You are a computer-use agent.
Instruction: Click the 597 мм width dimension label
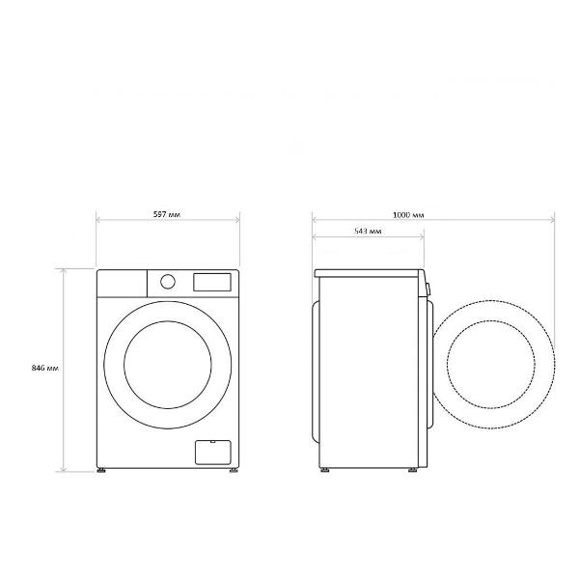point(167,214)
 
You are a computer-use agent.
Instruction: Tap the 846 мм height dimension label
point(45,369)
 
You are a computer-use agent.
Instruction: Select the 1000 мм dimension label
point(408,215)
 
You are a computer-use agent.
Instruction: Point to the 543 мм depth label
point(368,232)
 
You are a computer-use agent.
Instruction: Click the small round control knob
point(168,282)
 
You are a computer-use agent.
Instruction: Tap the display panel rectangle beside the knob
point(212,282)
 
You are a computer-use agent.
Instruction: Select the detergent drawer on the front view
point(122,284)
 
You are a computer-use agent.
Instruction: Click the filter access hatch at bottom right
point(213,453)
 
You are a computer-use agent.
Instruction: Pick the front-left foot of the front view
point(101,471)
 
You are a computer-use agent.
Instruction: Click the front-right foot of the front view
point(234,471)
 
